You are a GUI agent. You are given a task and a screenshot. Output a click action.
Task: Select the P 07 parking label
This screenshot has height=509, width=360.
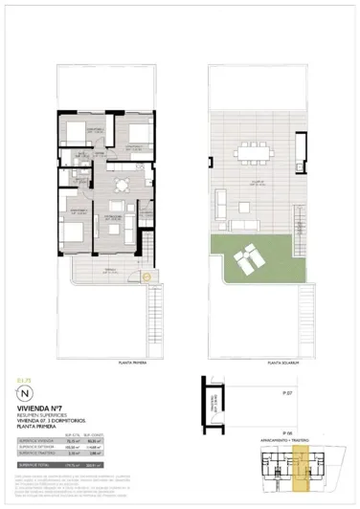point(287,393)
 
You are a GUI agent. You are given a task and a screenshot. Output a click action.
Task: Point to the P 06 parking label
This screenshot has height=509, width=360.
point(287,432)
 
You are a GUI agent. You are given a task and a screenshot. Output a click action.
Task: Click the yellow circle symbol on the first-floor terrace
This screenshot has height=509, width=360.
point(146,277)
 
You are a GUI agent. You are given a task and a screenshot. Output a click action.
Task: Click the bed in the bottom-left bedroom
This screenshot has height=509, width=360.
point(73,217)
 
